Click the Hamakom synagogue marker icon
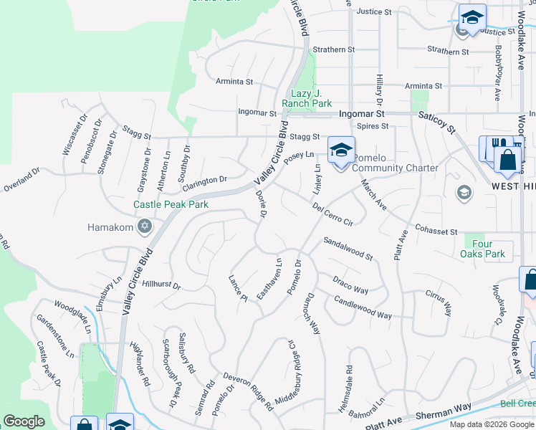[145, 227]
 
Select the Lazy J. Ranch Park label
[306, 99]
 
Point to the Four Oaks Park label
[484, 249]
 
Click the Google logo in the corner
[24, 421]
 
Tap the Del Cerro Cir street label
[333, 214]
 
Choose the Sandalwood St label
[348, 249]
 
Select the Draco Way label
[350, 285]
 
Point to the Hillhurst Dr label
[161, 285]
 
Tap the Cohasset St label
[436, 231]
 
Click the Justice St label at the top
[374, 12]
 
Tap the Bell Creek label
[517, 403]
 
